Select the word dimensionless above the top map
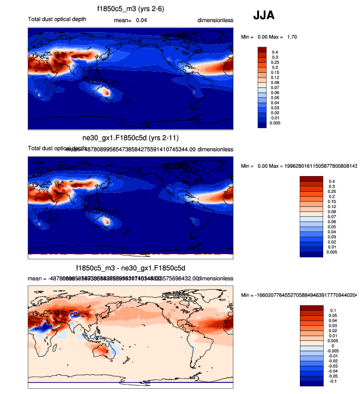tap(215, 20)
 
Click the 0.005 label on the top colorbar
tap(277, 124)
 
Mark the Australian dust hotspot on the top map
tap(106, 91)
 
